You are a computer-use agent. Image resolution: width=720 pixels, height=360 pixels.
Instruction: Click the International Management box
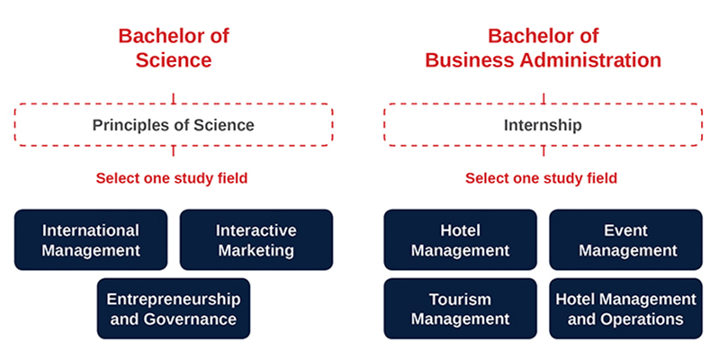pyautogui.click(x=91, y=239)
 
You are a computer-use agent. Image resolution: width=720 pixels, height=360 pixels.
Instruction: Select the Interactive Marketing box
pyautogui.click(x=256, y=239)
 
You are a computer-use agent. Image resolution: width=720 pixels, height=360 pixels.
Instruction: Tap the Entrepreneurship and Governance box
pyautogui.click(x=174, y=309)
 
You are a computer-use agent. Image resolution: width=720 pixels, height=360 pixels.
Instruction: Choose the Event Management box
pyautogui.click(x=625, y=239)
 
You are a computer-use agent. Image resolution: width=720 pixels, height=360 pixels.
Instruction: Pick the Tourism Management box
pyautogui.click(x=461, y=309)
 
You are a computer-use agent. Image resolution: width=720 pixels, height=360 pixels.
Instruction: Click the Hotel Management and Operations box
pyautogui.click(x=625, y=309)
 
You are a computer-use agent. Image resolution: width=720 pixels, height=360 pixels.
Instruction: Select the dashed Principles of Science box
pyautogui.click(x=174, y=104)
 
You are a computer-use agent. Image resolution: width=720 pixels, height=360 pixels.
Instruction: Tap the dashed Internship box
pyautogui.click(x=544, y=104)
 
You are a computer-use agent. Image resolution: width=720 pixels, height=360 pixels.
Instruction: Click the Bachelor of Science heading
pyautogui.click(x=174, y=49)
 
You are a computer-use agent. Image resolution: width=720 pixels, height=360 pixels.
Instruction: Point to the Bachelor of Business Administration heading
pyautogui.click(x=544, y=49)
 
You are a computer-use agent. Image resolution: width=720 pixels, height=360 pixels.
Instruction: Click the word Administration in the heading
pyautogui.click(x=590, y=60)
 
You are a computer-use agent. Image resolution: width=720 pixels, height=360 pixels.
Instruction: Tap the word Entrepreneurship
pyautogui.click(x=174, y=300)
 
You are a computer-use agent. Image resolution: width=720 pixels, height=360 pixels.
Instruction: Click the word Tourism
pyautogui.click(x=461, y=300)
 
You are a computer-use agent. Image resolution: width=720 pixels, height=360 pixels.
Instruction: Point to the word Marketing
pyautogui.click(x=256, y=251)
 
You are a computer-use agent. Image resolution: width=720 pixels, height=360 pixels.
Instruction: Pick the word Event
pyautogui.click(x=625, y=230)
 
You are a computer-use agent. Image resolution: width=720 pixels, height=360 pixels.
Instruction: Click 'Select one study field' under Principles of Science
pyautogui.click(x=172, y=178)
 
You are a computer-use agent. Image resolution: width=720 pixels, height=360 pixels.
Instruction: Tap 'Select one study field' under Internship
pyautogui.click(x=542, y=178)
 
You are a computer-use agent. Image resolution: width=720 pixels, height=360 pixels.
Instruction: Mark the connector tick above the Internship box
pyautogui.click(x=544, y=98)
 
